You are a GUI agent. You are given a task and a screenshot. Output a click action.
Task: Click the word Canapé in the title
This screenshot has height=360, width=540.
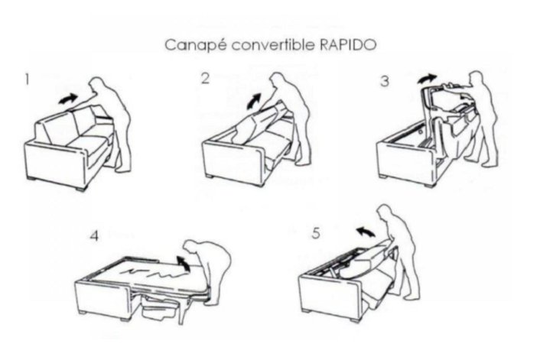point(190,44)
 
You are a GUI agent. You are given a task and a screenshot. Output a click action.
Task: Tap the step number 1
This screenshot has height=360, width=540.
point(28,79)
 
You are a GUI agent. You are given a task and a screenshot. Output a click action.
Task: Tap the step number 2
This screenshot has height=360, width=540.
point(205,78)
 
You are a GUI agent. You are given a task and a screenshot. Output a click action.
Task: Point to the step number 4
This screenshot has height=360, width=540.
point(94,235)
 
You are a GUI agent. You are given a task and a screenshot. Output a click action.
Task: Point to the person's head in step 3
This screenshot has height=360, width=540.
point(477,79)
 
